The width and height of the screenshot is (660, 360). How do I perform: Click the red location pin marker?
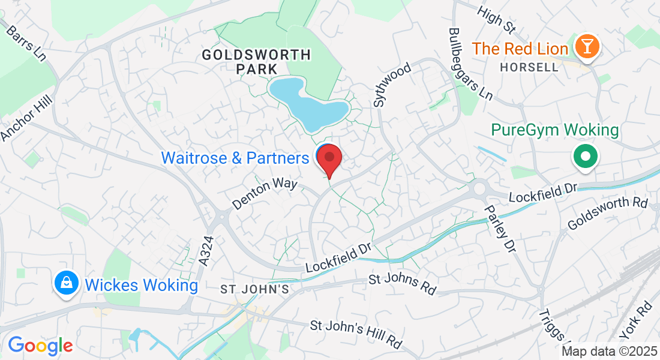tap(329, 159)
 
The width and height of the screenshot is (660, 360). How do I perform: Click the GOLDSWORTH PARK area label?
tap(256, 62)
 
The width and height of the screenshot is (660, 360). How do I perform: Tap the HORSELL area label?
tap(530, 67)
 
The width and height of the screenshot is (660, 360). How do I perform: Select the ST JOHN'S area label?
tap(255, 290)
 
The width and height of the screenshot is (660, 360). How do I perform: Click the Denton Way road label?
tap(265, 193)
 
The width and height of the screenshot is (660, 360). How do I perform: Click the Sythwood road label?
tap(392, 85)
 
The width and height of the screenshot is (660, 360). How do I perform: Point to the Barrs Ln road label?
tap(26, 43)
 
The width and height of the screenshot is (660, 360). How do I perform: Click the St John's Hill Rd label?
tap(356, 335)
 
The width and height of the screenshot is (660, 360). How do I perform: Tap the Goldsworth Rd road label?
tap(607, 213)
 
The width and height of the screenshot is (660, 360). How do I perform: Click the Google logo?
tap(40, 346)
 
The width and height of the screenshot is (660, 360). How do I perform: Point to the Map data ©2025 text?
tap(608, 352)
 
